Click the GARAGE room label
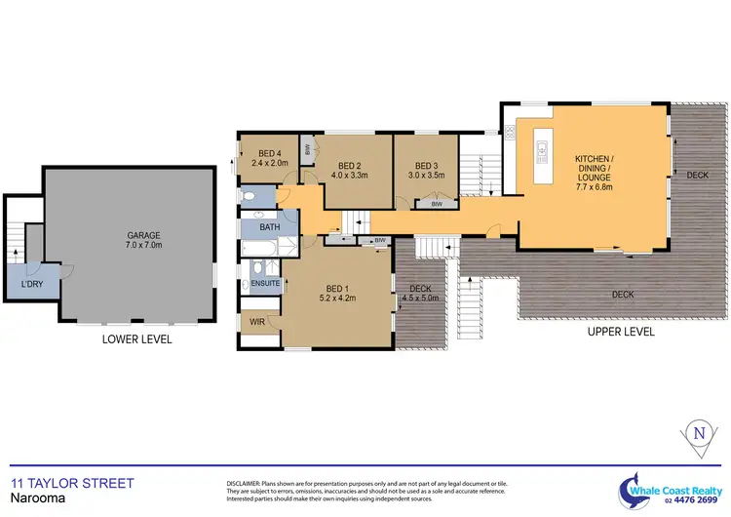143,235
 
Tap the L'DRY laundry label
32,284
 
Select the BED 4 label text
272,152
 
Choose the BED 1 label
335,288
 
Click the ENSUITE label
265,284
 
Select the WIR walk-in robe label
256,321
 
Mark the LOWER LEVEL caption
136,339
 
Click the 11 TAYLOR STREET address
71,483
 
